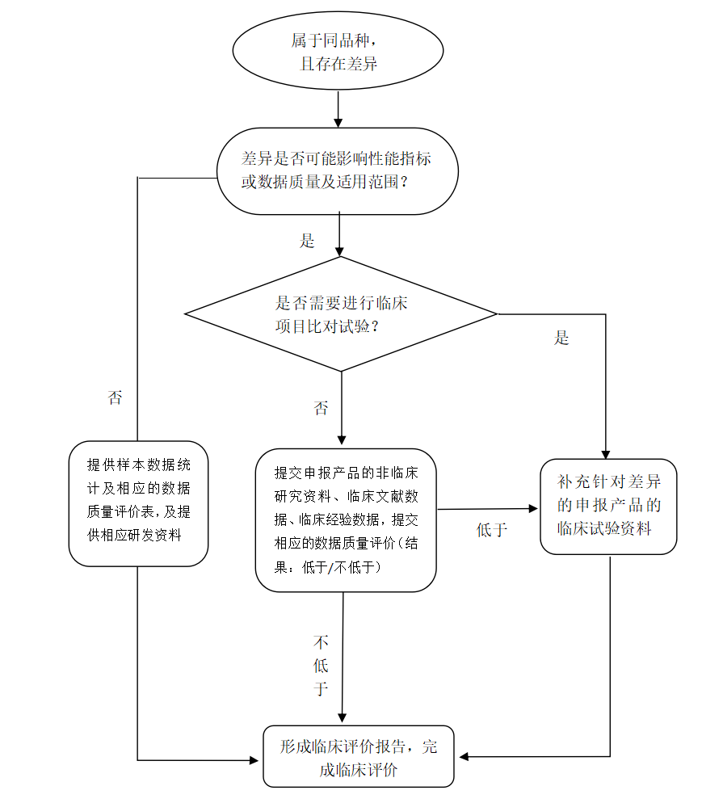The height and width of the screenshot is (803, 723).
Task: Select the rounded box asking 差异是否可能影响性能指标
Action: tap(338, 170)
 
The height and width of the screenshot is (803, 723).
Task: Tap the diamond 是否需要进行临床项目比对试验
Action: tap(341, 314)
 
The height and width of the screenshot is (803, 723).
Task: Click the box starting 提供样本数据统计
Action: tap(138, 502)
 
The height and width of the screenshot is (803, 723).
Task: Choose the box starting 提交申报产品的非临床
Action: tap(346, 520)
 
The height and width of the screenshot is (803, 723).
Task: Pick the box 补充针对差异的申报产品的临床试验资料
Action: tap(608, 506)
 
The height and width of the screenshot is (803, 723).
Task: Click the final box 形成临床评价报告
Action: tap(359, 756)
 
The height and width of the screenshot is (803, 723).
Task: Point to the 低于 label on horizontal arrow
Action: tap(491, 530)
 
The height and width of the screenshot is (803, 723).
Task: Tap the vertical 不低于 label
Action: tap(321, 665)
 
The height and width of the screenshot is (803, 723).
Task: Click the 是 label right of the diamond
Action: tap(561, 338)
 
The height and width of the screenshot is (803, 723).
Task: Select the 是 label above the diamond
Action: tap(307, 240)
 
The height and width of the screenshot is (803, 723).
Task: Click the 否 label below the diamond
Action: tap(321, 408)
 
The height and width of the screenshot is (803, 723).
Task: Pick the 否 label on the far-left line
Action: tap(115, 397)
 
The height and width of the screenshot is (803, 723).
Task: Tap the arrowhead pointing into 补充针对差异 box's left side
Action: tap(533, 508)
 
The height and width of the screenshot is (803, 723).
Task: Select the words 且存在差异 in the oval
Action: tap(338, 64)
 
